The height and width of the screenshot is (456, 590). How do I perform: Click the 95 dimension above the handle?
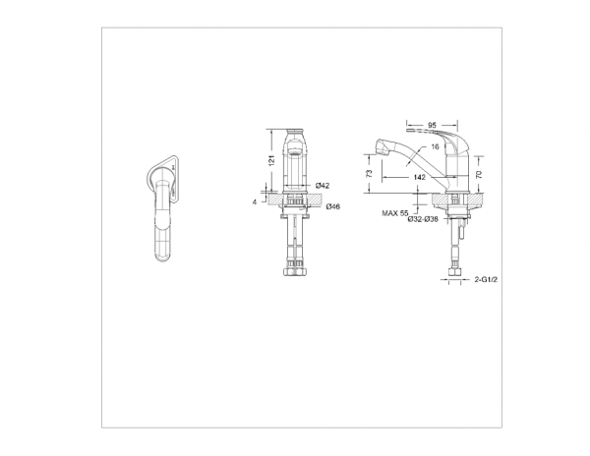click(432, 125)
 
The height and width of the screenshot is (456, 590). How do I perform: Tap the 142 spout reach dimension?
click(419, 177)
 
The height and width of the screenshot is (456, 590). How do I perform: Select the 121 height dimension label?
click(272, 160)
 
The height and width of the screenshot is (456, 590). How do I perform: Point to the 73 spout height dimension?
click(370, 173)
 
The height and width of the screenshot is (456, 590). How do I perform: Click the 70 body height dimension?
click(479, 174)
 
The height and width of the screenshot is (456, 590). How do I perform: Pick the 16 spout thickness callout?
click(435, 146)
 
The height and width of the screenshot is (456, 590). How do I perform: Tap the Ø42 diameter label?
click(323, 186)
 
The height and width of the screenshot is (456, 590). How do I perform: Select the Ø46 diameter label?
click(333, 206)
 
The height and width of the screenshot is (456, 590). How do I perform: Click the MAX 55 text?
click(395, 213)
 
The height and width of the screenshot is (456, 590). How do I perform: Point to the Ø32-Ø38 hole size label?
click(423, 219)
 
